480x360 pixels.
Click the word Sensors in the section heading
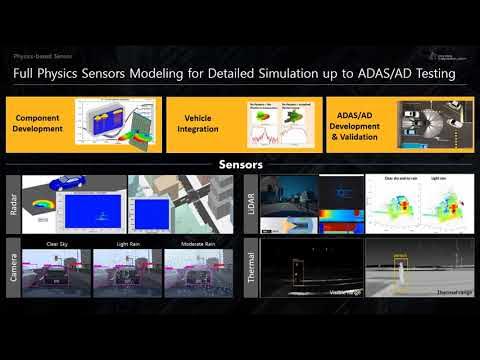(240, 162)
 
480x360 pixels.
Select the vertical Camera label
(13, 268)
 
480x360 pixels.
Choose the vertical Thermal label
(250, 268)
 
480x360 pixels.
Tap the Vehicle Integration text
(197, 124)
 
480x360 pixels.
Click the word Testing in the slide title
(431, 74)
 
